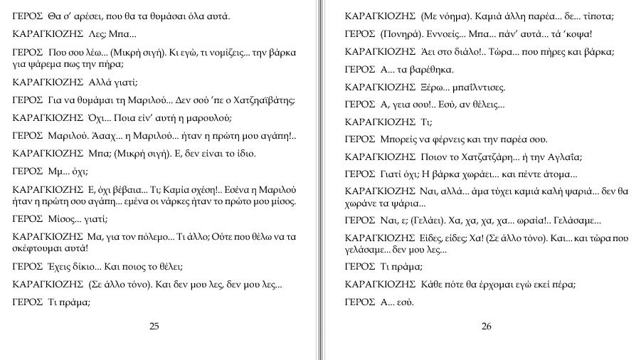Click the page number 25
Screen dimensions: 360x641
pos(154,327)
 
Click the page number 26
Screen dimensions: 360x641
pos(487,327)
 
